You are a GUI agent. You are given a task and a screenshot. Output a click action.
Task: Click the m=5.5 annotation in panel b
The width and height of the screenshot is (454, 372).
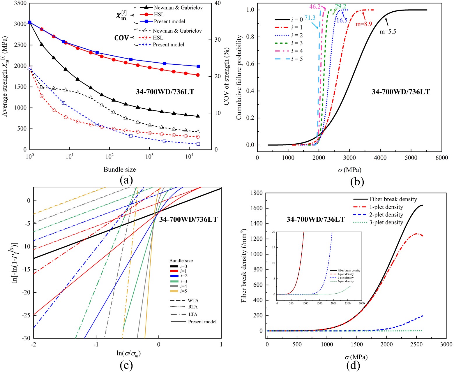tap(388, 32)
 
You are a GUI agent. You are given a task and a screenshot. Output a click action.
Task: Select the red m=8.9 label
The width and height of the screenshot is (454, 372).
tap(364, 24)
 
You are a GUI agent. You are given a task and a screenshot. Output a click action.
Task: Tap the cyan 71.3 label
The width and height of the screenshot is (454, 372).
tap(310, 18)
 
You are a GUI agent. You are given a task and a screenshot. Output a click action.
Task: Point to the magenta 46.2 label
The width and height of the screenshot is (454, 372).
tap(315, 7)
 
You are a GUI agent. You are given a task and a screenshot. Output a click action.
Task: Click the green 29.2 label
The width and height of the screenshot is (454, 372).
tap(340, 6)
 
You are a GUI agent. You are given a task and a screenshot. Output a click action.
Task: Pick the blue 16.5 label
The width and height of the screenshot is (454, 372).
tap(342, 20)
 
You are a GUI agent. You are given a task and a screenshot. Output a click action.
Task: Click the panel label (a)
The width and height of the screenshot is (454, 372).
tap(126, 180)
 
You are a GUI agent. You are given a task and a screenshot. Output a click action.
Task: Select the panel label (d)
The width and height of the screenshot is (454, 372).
tap(353, 365)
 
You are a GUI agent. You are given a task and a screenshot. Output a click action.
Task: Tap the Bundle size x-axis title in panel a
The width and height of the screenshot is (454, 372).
tap(120, 170)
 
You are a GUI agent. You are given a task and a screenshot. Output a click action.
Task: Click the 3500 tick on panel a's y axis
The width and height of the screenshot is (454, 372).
tap(20, 3)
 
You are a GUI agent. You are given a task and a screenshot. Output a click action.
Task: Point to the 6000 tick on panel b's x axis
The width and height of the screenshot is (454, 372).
tap(441, 158)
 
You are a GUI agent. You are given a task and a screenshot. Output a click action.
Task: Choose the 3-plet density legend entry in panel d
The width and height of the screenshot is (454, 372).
tap(386, 223)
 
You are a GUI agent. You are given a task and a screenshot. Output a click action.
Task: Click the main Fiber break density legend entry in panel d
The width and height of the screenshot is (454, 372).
tap(393, 199)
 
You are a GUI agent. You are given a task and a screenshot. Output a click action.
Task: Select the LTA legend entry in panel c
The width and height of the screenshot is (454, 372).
tap(192, 314)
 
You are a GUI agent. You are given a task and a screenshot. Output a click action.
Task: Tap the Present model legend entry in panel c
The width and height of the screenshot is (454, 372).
tap(202, 322)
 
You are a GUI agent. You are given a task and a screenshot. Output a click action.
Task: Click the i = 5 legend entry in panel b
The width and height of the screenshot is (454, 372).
tap(297, 59)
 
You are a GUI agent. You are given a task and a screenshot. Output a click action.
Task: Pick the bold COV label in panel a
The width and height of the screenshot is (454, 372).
tap(121, 38)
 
